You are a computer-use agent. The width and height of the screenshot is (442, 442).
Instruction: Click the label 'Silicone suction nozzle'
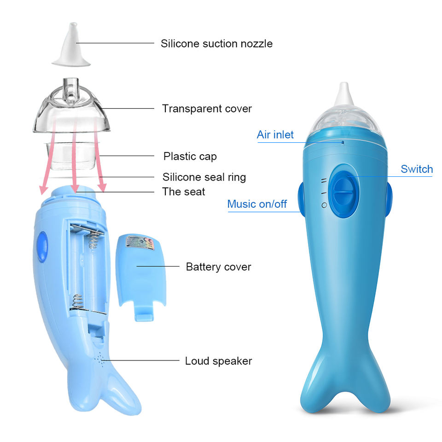tap(216, 44)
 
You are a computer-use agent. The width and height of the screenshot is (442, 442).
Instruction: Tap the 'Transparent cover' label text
tap(207, 109)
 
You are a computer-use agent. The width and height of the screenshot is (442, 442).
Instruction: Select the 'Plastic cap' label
tap(190, 156)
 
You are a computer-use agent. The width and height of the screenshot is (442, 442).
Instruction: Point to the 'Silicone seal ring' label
tap(204, 177)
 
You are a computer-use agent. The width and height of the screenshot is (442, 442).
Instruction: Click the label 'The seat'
tap(184, 192)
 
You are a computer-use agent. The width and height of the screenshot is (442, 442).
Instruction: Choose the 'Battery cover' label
tap(218, 267)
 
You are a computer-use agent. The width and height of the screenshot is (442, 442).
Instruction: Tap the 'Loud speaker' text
tap(218, 361)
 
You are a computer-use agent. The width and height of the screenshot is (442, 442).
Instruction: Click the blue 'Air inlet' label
tap(275, 134)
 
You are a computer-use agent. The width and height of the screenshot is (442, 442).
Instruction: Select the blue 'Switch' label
tap(416, 169)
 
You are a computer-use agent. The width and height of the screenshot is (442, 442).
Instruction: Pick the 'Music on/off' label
tap(257, 204)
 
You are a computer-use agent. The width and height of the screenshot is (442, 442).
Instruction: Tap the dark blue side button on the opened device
tap(42, 246)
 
